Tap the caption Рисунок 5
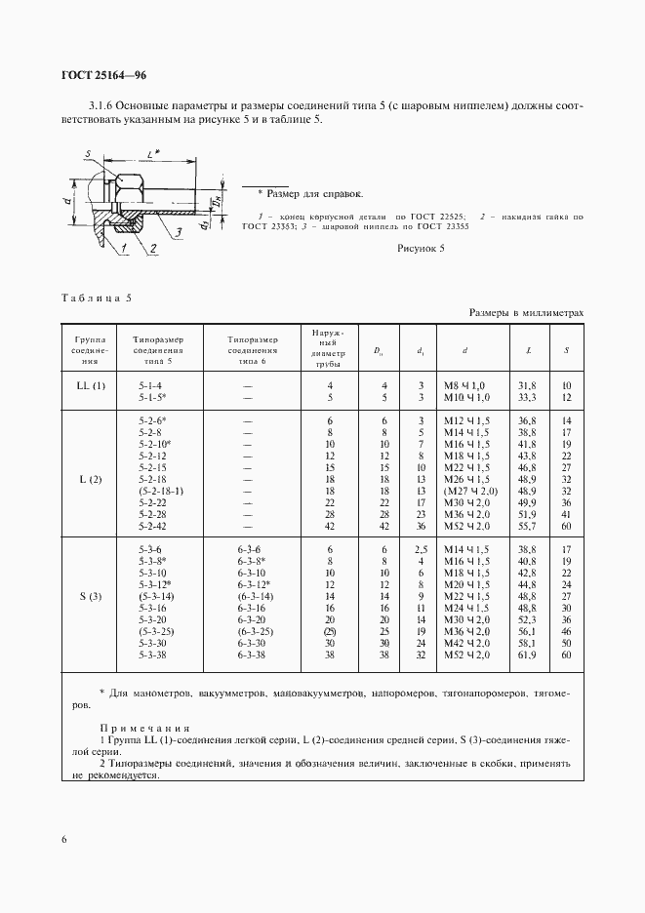click(x=421, y=249)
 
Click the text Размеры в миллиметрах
click(x=526, y=313)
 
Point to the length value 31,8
click(x=527, y=385)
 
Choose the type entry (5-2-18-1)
click(x=162, y=491)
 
